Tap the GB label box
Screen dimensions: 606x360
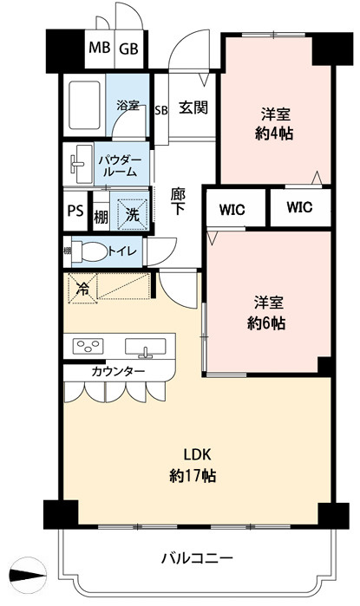(129, 49)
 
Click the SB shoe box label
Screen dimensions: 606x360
(160, 110)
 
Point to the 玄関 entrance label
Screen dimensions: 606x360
(192, 109)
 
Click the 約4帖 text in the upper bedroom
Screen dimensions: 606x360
(274, 135)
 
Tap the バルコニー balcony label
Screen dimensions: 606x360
(196, 558)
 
